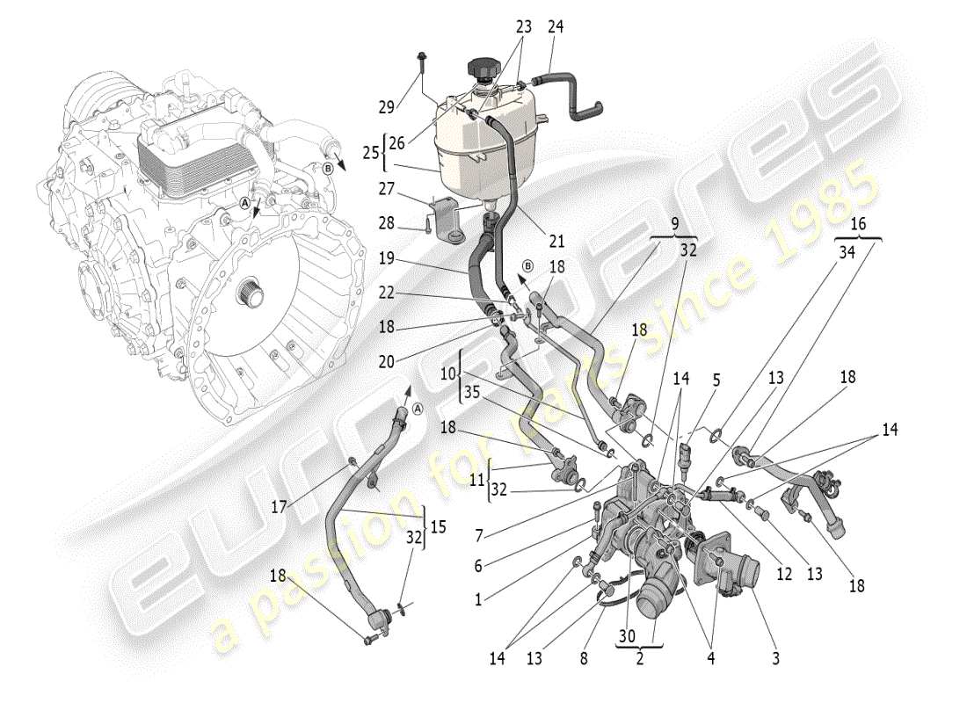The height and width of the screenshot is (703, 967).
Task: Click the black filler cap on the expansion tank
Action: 484,68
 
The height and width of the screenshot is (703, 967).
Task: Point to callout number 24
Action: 555,27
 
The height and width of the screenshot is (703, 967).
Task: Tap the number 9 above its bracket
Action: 676,225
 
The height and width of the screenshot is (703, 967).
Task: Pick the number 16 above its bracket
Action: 859,225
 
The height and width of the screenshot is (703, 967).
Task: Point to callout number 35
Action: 472,395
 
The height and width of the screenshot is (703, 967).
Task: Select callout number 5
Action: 716,380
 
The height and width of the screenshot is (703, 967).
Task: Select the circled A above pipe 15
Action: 417,407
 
